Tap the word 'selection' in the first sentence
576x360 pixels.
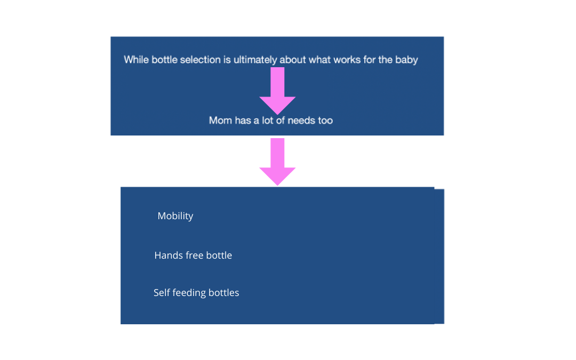coord(200,60)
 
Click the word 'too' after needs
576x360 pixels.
coord(325,121)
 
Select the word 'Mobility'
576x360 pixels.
coord(175,216)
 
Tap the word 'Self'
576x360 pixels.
coord(161,292)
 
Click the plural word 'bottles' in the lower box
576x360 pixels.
coord(223,292)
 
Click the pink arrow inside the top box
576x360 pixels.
coord(277,91)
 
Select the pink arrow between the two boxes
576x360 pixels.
coord(277,162)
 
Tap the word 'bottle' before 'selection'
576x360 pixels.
coord(164,60)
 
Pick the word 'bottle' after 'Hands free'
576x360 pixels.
coord(219,255)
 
